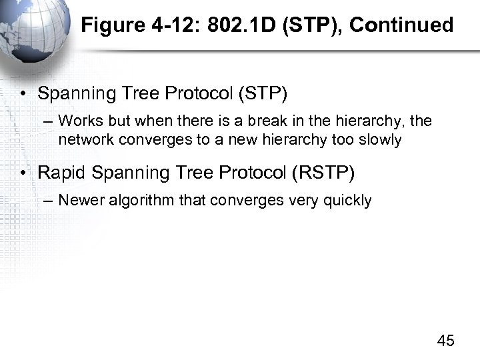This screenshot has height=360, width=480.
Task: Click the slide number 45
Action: coord(445,341)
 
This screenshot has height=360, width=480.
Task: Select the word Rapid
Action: coord(62,173)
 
